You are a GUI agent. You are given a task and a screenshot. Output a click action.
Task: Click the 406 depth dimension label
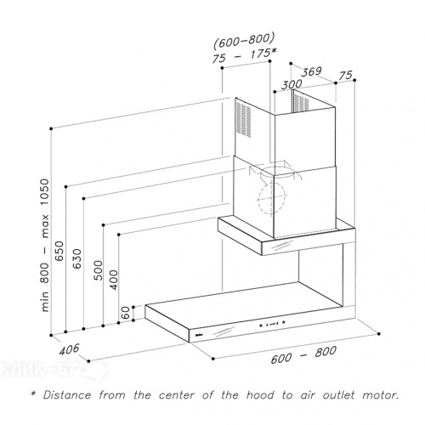coord(69,349)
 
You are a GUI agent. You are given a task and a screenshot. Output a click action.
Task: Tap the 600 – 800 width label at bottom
coord(303,354)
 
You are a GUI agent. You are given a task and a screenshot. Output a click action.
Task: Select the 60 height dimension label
coord(126,313)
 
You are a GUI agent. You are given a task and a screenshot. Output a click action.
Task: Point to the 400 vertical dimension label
coord(114,280)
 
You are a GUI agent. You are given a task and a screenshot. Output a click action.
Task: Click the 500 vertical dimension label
coord(98,270)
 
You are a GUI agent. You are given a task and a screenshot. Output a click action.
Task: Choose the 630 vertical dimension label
coord(77,258)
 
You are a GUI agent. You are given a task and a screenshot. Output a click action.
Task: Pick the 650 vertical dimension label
coord(59,251)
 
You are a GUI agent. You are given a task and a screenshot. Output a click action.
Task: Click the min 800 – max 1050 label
coord(44,245)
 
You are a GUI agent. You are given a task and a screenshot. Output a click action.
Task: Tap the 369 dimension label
coord(311,71)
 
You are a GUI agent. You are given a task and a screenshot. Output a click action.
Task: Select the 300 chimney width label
coord(292,84)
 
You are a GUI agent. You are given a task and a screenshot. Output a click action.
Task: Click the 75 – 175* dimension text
coord(244,56)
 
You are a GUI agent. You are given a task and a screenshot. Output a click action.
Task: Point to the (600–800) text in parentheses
coord(244,40)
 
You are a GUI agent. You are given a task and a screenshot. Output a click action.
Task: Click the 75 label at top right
coord(346,76)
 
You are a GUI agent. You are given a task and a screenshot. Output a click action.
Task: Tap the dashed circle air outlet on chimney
coord(272,197)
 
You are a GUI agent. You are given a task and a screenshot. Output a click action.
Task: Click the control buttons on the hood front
coord(272,324)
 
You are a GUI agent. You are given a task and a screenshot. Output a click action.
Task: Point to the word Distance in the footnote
coord(67,395)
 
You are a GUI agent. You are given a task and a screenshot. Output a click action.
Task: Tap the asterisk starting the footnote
coord(34,394)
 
